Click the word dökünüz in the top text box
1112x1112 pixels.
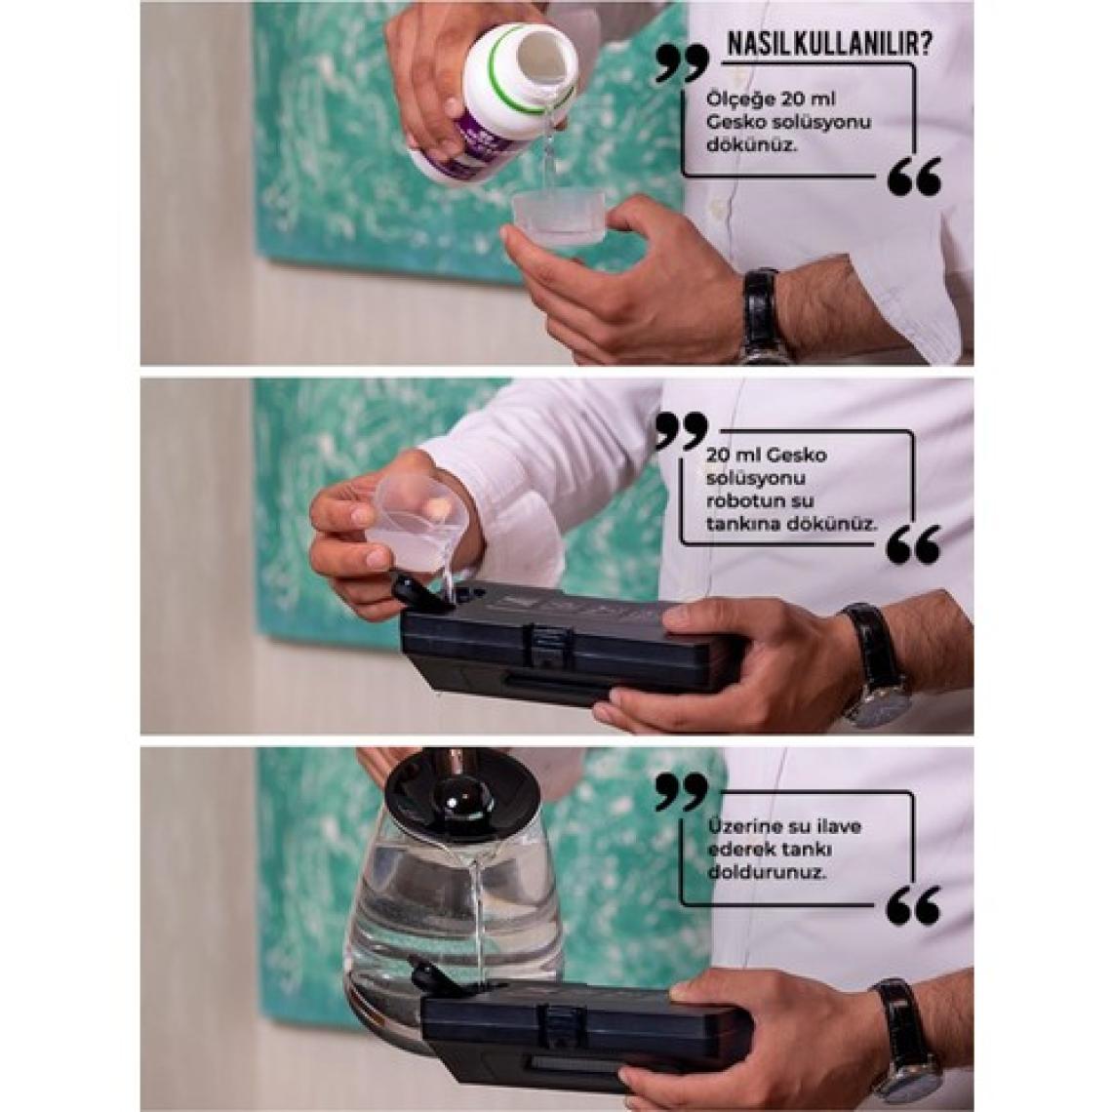[741, 145]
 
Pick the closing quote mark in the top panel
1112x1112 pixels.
[915, 176]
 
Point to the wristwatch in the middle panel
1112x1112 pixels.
[880, 666]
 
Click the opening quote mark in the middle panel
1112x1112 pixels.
[681, 432]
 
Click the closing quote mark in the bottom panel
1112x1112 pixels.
[915, 905]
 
